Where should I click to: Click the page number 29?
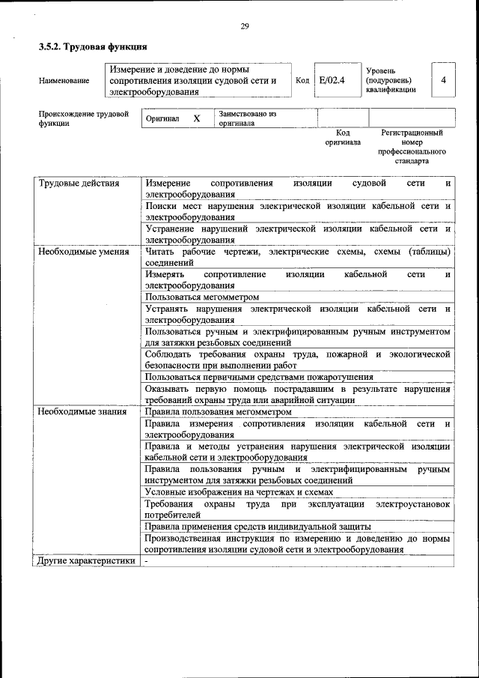(x=244, y=27)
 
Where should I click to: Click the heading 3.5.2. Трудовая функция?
(x=88, y=47)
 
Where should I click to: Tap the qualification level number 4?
(x=444, y=79)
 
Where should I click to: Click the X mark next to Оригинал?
(x=197, y=119)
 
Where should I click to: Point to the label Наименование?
(x=64, y=80)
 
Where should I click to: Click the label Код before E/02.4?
(x=302, y=80)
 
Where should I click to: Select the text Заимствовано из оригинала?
(x=247, y=119)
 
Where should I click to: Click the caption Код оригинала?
(x=343, y=137)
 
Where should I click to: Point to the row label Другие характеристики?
(x=86, y=560)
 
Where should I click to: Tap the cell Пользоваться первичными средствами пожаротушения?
(x=259, y=377)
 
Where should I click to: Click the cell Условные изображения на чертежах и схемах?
(x=239, y=492)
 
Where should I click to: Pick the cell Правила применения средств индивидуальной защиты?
(x=258, y=527)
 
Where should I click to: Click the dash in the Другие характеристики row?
(x=147, y=560)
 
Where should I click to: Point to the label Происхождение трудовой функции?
(x=83, y=119)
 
